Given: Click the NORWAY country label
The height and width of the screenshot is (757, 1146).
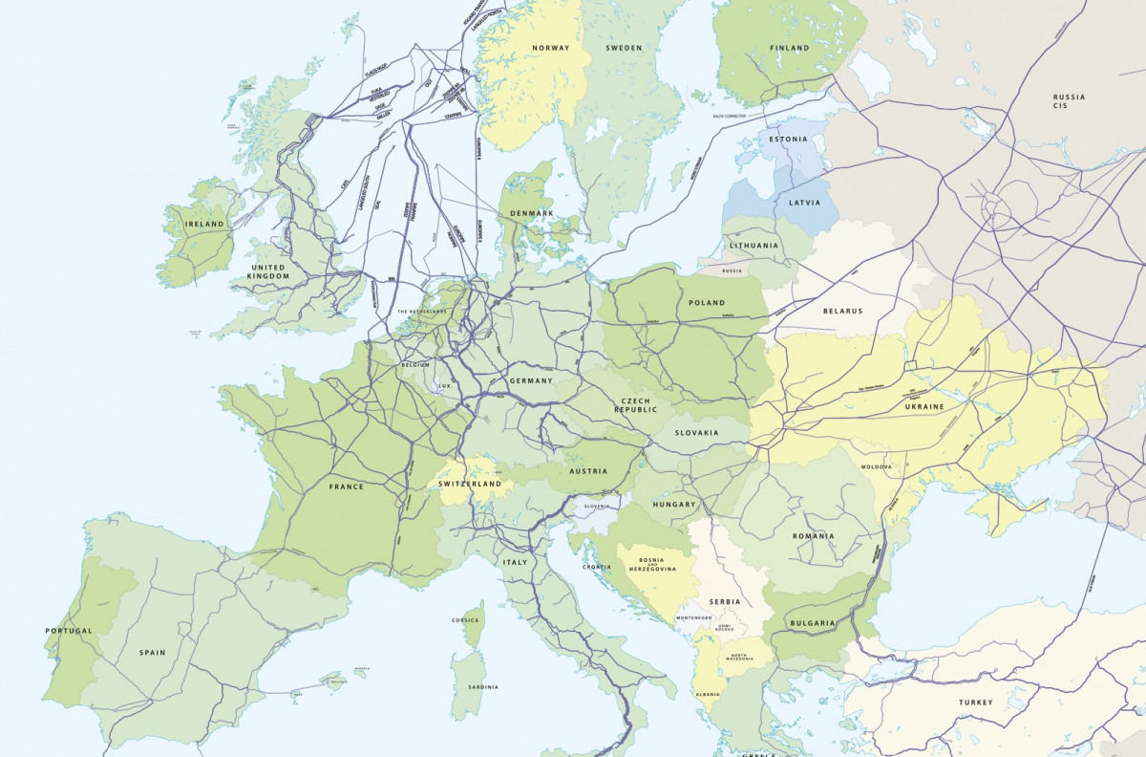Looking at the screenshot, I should coord(551,48).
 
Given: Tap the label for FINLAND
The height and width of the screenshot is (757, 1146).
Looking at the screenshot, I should coord(789,48).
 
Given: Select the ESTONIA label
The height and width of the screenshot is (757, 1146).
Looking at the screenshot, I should coord(788,139).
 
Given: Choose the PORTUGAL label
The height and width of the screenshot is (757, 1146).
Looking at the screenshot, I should coord(69,631).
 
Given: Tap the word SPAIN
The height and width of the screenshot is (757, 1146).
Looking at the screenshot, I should coord(152,653).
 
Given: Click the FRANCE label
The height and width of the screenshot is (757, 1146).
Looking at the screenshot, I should coord(347,487).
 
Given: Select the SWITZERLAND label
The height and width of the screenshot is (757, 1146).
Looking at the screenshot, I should coord(470,485).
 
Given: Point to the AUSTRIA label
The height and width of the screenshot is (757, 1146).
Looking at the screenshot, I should coord(588,471).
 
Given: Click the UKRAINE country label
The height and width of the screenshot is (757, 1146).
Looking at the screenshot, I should coord(923,406).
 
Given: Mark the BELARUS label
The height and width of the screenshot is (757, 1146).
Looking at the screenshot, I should coord(842,311).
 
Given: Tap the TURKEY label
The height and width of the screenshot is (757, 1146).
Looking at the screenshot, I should coord(976,703).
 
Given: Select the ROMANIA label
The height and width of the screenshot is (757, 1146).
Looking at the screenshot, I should coord(813,536).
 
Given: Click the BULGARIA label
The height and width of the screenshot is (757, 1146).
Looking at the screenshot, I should coord(812,623).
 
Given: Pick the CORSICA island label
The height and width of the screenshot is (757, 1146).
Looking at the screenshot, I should coord(465,620).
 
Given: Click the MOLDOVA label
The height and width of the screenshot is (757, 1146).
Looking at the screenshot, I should coord(877,466).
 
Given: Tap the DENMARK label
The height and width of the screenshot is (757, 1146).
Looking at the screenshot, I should coord(532,213).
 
